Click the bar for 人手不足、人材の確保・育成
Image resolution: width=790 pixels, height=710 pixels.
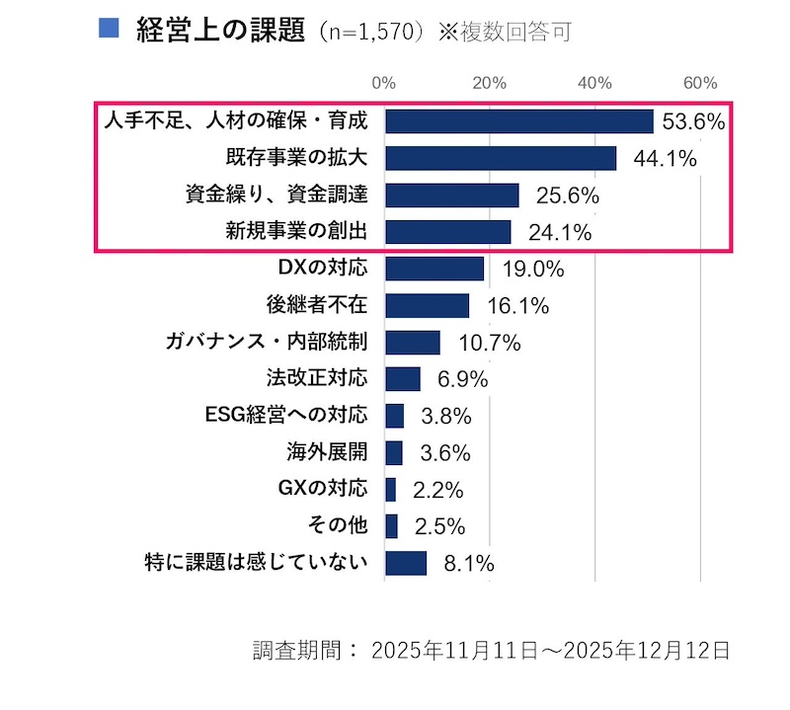(519, 121)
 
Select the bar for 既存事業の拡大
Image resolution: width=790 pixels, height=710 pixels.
(501, 159)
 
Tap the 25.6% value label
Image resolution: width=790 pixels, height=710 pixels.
(567, 196)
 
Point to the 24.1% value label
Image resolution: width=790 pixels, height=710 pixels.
(559, 233)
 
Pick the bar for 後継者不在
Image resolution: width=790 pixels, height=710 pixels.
(427, 306)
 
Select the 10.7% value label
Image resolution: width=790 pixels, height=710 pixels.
(489, 344)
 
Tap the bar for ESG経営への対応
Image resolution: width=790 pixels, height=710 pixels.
(394, 416)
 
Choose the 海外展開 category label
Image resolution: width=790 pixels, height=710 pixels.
(326, 452)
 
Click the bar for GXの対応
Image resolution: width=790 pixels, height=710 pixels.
(390, 490)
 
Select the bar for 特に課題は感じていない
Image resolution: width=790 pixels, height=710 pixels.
(406, 563)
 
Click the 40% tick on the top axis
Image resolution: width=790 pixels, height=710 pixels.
(594, 83)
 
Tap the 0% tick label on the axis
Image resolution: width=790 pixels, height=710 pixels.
(384, 83)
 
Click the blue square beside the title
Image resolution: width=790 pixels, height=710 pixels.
(110, 28)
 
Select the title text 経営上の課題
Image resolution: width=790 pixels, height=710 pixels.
(218, 30)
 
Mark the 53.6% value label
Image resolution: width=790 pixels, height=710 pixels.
(693, 122)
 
